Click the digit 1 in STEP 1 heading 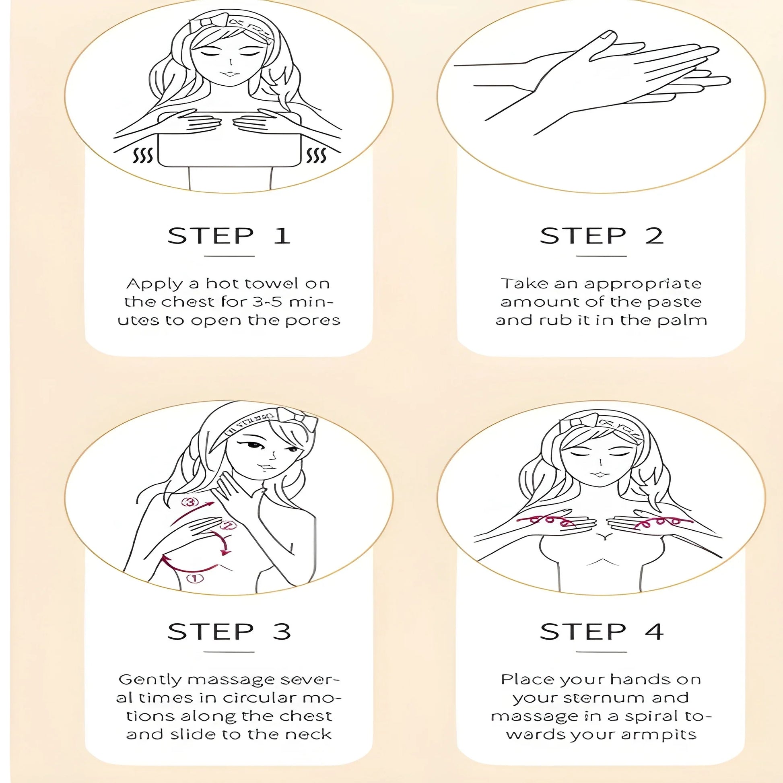coord(282,236)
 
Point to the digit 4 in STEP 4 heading coord(654,631)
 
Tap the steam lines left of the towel coord(143,155)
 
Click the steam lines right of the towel coord(316,155)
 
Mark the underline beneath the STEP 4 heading coord(601,652)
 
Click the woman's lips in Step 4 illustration coord(598,474)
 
